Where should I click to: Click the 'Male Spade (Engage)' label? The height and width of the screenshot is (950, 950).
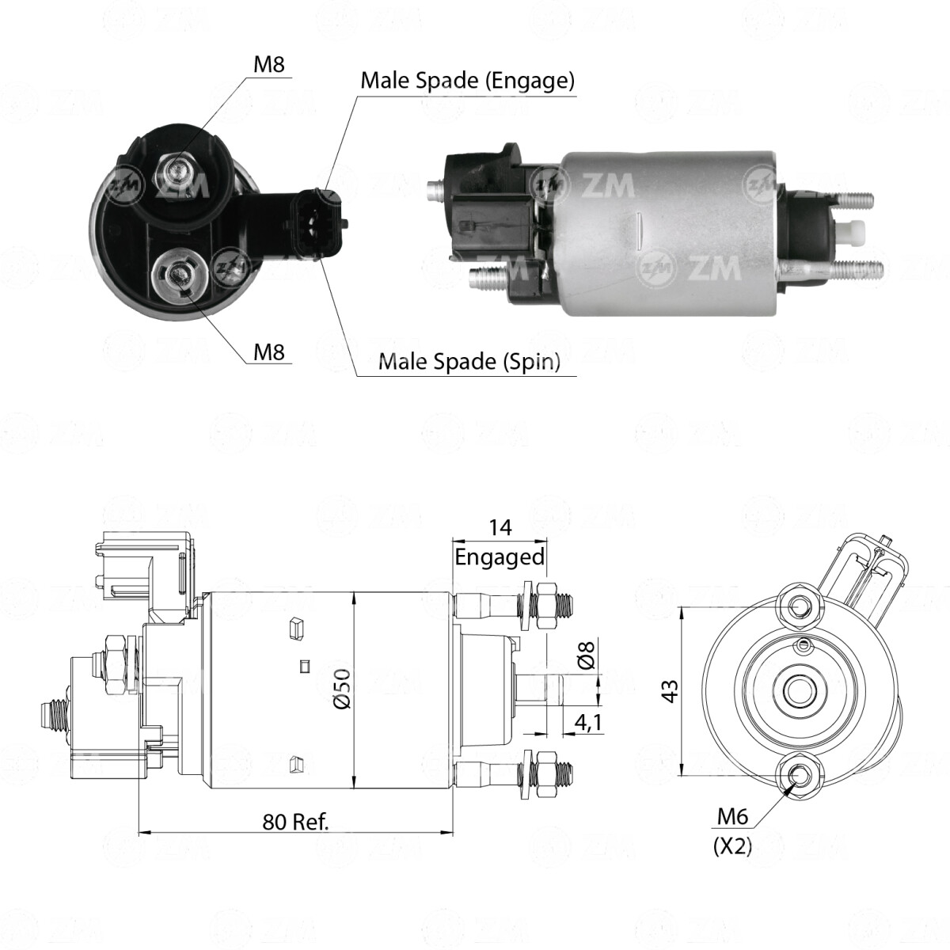pyautogui.click(x=467, y=81)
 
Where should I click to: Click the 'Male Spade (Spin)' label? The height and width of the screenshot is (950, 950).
pyautogui.click(x=469, y=361)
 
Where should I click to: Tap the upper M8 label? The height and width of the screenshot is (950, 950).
pyautogui.click(x=268, y=65)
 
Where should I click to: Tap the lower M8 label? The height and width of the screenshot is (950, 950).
pyautogui.click(x=268, y=352)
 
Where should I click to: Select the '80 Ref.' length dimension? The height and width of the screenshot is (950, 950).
pyautogui.click(x=295, y=822)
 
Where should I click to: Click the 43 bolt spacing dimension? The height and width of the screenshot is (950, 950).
pyautogui.click(x=671, y=690)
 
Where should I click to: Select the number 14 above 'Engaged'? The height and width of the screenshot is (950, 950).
pyautogui.click(x=500, y=527)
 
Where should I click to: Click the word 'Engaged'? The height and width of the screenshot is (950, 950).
pyautogui.click(x=500, y=557)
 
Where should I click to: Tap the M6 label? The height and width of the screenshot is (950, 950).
pyautogui.click(x=732, y=817)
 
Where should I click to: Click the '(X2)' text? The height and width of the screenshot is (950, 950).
pyautogui.click(x=732, y=846)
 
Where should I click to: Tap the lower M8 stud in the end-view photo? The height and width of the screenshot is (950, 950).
pyautogui.click(x=178, y=274)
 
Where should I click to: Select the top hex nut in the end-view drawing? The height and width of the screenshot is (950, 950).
pyautogui.click(x=799, y=606)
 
